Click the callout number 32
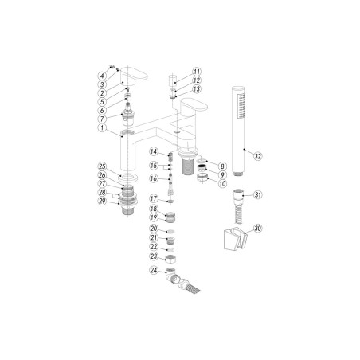(x=256, y=156)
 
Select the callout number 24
(x=152, y=270)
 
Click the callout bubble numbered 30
(x=256, y=229)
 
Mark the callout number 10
(x=223, y=182)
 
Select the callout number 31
(x=256, y=194)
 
